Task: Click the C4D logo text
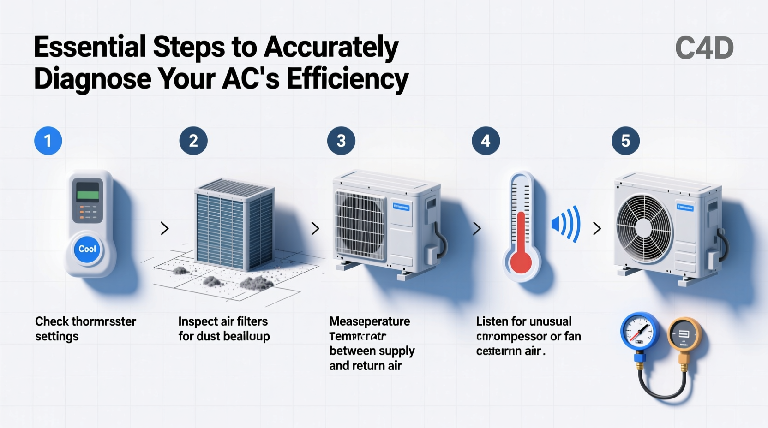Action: tap(704, 48)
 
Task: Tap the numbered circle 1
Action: tap(48, 141)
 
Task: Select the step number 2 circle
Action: tap(193, 141)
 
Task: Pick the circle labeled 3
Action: tap(341, 141)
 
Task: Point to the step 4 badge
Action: tap(486, 141)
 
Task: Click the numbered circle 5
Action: tap(625, 141)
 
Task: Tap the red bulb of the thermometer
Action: tap(521, 262)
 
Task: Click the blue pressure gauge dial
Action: tap(639, 331)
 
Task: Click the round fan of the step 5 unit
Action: tap(643, 227)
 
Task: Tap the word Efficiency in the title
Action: tap(348, 79)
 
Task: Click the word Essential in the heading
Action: tap(90, 47)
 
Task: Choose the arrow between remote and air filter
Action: tap(164, 228)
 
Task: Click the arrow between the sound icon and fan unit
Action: tap(597, 228)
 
